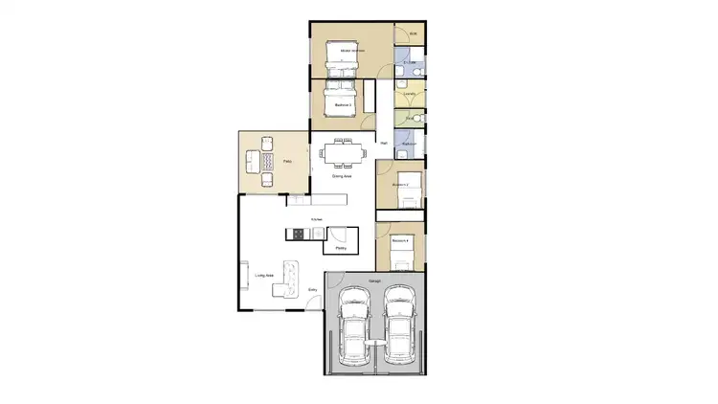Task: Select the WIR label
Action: click(414, 34)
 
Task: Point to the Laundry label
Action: click(410, 94)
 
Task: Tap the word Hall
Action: click(384, 144)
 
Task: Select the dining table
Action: click(343, 154)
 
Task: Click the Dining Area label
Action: click(343, 177)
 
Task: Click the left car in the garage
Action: click(354, 329)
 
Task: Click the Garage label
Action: click(375, 281)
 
